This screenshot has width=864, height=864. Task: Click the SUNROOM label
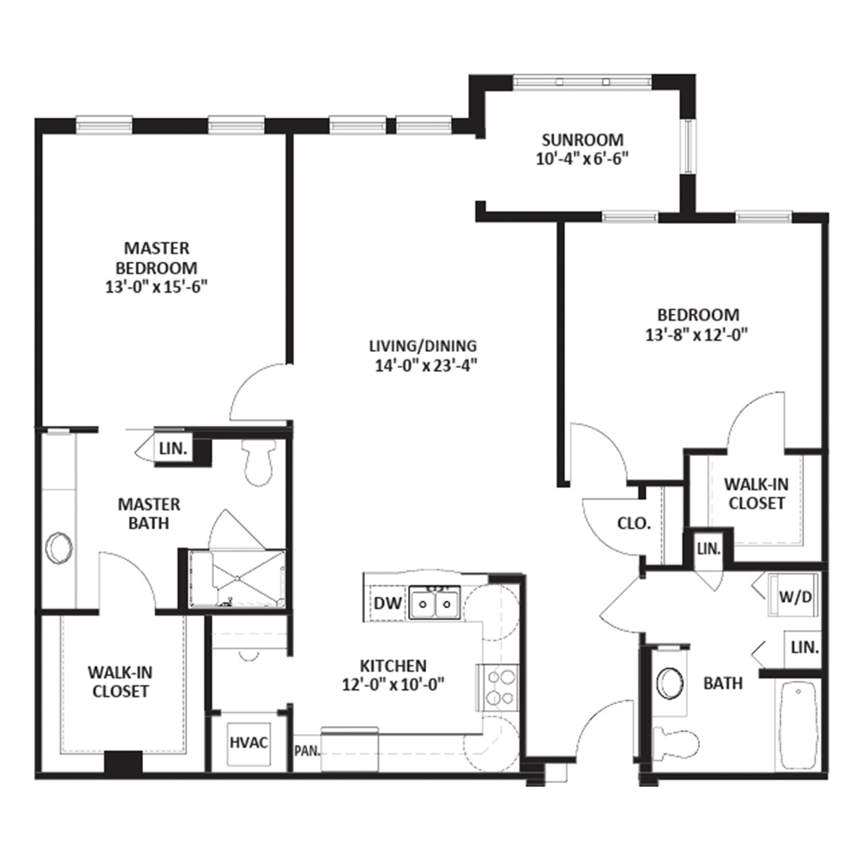tap(582, 139)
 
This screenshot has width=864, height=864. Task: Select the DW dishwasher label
tap(388, 603)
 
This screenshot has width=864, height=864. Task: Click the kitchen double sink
tap(434, 603)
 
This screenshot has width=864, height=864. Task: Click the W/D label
tap(795, 597)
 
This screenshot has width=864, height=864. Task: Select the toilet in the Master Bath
tap(258, 463)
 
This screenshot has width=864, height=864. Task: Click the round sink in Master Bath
tap(59, 548)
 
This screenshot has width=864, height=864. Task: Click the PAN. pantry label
tap(307, 750)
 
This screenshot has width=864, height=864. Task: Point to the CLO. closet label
tap(634, 523)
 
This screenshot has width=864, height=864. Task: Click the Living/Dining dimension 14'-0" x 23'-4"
tap(426, 366)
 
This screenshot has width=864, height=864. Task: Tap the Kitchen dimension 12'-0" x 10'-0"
tap(394, 684)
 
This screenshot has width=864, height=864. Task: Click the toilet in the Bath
tap(675, 742)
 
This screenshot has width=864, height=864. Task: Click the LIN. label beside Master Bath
tap(173, 448)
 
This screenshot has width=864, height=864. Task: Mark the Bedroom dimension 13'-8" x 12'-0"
tap(697, 334)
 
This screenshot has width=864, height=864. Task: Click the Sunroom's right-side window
tap(688, 146)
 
